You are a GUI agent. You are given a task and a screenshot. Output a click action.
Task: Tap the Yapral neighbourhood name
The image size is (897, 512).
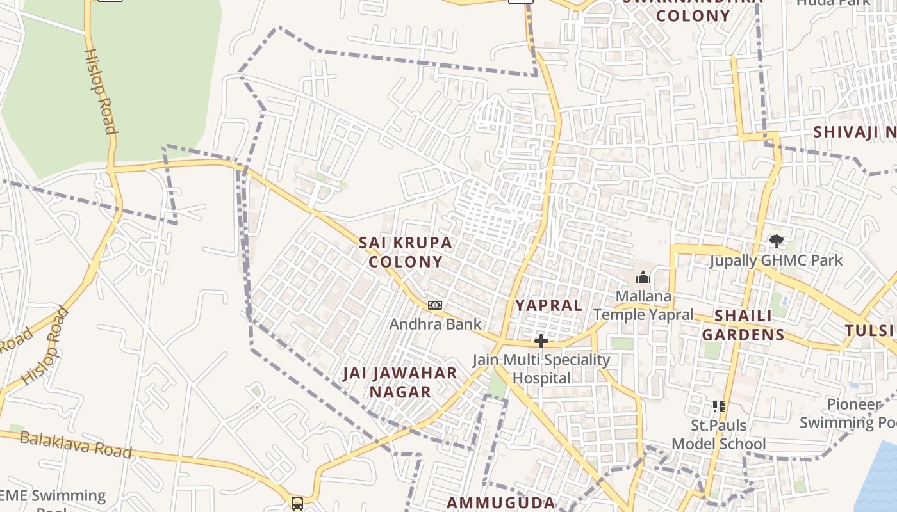[x=549, y=305]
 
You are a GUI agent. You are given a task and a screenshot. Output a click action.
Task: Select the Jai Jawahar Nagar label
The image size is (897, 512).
[x=400, y=382]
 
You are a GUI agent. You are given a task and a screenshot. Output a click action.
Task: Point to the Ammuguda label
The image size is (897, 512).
[x=500, y=502]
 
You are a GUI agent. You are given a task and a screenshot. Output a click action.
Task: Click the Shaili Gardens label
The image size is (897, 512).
[x=743, y=325]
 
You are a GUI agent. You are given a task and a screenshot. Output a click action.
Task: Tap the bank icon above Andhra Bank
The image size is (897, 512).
[x=435, y=305]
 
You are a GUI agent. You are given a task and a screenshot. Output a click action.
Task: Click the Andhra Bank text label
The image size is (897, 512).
[x=435, y=324]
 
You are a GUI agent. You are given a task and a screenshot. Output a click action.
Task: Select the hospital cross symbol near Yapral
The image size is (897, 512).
[x=541, y=341]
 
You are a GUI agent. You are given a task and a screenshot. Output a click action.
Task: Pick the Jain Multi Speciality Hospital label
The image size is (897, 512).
[x=541, y=369]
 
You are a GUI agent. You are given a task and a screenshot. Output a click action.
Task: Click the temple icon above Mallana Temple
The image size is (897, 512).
[x=643, y=277]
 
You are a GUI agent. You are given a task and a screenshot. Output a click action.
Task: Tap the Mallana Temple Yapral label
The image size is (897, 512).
[x=643, y=305]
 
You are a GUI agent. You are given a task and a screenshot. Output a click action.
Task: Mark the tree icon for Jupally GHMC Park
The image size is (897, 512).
[x=777, y=241]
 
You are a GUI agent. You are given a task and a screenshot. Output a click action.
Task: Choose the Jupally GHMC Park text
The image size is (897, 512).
[x=776, y=260]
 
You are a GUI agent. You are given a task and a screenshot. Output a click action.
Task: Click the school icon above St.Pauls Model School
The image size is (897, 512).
[x=718, y=406]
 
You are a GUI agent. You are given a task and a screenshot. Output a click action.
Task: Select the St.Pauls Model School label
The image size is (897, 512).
[x=718, y=435]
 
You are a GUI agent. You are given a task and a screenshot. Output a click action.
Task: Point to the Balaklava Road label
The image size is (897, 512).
[x=76, y=445]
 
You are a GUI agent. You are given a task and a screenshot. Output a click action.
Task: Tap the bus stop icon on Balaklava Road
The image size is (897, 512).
[x=297, y=503]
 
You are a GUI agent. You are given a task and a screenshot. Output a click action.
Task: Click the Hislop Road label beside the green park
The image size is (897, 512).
[x=101, y=92]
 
